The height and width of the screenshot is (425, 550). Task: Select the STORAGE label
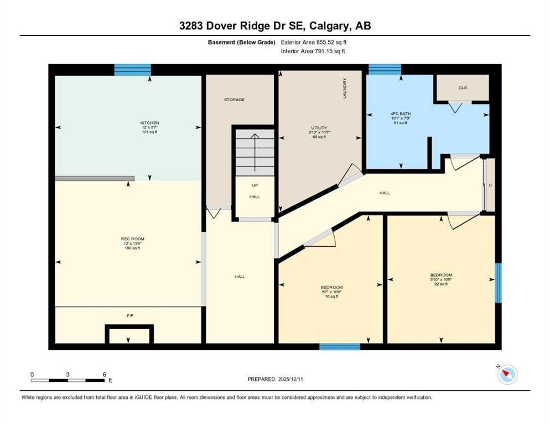point(234,100)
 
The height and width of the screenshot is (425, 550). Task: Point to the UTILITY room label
point(320,128)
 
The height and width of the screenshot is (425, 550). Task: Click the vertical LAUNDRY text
point(345,89)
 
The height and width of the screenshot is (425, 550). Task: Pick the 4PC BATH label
point(401,114)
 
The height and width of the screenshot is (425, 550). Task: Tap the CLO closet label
point(463,87)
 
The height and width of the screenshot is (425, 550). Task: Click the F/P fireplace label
point(130,315)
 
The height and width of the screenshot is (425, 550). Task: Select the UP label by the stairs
point(255,186)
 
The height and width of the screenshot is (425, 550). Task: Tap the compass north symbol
point(507,375)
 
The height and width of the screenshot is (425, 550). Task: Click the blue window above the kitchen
point(132,69)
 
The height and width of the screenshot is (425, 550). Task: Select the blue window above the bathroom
point(385,69)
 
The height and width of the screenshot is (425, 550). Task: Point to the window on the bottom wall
point(340,347)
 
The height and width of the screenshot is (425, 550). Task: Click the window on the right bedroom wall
point(497,283)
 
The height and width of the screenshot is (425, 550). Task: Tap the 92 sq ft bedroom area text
point(441,284)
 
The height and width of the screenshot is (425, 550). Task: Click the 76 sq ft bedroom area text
point(332,296)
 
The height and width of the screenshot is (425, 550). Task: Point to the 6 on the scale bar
point(105,374)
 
